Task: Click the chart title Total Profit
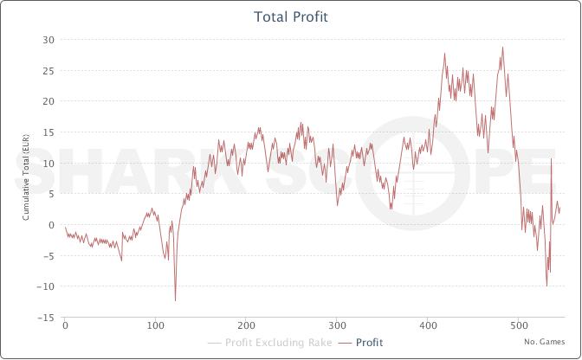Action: (290, 17)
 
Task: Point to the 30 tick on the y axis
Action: (49, 40)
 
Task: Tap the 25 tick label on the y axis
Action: (49, 71)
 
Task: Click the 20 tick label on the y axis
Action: (49, 101)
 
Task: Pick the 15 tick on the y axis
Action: (49, 132)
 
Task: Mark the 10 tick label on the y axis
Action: (49, 163)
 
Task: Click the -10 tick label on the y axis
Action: (48, 286)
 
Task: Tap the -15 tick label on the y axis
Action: (48, 318)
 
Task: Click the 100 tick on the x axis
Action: (155, 327)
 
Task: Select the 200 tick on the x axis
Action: (246, 327)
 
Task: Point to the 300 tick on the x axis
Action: (337, 327)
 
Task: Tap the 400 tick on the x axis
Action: (427, 327)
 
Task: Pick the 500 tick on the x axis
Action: (518, 327)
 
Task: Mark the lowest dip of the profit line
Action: (176, 300)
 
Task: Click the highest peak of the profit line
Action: (502, 48)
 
